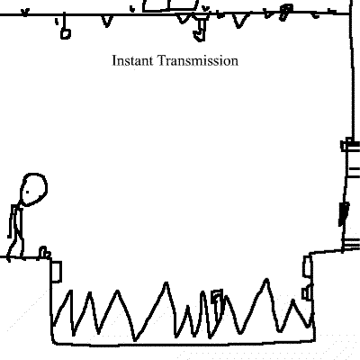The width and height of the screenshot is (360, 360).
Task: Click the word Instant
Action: click(x=132, y=60)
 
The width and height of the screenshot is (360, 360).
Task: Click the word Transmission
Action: click(x=198, y=60)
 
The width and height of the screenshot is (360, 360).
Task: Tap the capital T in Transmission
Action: click(x=161, y=60)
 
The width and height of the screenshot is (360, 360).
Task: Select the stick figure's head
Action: click(x=33, y=189)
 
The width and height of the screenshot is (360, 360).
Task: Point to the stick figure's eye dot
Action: click(x=28, y=192)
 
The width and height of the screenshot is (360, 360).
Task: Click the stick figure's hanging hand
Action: click(x=10, y=236)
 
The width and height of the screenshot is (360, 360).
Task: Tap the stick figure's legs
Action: click(x=15, y=246)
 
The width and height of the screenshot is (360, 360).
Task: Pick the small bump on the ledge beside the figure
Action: click(x=44, y=252)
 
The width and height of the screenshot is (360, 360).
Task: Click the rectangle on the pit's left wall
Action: click(x=56, y=272)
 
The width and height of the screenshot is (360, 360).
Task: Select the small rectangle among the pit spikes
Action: click(x=217, y=300)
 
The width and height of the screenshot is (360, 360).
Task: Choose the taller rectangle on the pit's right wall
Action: click(x=307, y=266)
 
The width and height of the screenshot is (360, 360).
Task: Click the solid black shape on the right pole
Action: click(x=343, y=214)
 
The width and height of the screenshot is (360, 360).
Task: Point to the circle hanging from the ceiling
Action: click(x=66, y=33)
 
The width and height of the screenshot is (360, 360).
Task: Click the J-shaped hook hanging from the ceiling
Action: click(x=201, y=30)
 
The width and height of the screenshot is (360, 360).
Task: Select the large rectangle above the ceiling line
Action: click(x=170, y=6)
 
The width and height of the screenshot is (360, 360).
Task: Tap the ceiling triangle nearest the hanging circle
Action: click(x=106, y=21)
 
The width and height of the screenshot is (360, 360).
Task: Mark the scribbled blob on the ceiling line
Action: click(x=285, y=13)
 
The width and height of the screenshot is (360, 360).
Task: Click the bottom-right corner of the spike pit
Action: click(x=314, y=340)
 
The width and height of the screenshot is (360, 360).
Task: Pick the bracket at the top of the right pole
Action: click(x=350, y=145)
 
